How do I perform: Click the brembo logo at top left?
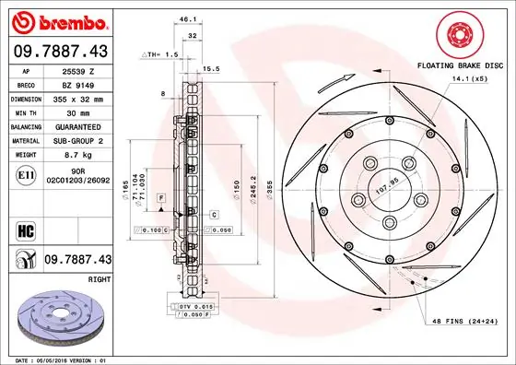(x=59, y=21)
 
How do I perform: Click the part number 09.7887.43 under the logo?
(x=59, y=52)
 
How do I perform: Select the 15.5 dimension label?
(x=211, y=68)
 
